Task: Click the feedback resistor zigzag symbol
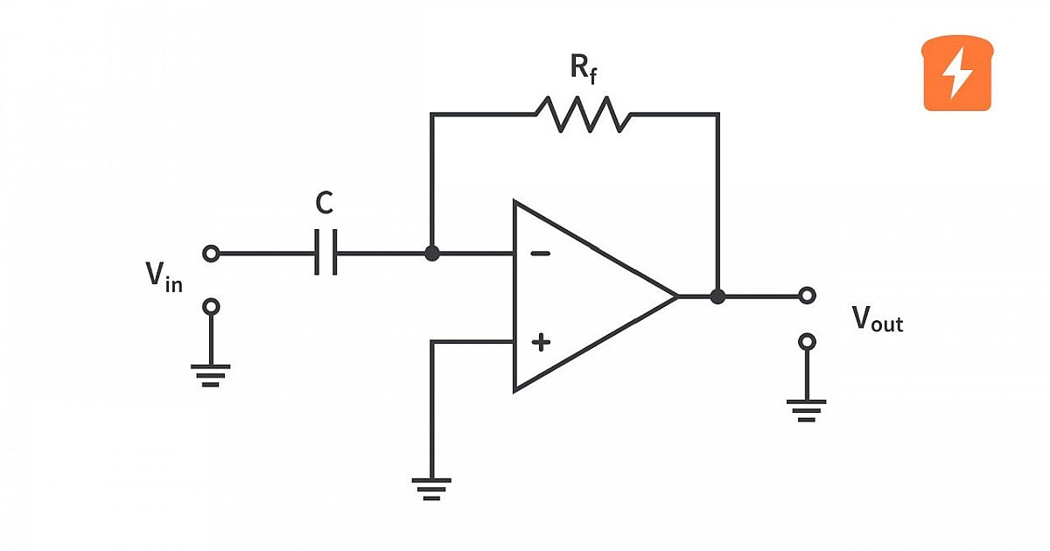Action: (x=583, y=115)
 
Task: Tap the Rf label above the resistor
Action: (x=584, y=68)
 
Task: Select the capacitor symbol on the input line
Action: (x=325, y=252)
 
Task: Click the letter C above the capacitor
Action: (x=325, y=203)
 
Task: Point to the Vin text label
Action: (x=164, y=277)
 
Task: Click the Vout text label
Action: (x=877, y=319)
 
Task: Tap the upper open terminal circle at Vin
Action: (x=211, y=254)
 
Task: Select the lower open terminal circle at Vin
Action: (x=211, y=307)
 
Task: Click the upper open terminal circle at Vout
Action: (x=807, y=296)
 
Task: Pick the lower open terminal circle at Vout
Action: (x=807, y=342)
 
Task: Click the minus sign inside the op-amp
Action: (x=541, y=254)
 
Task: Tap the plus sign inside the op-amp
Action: (x=541, y=342)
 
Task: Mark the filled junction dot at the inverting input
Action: (x=431, y=254)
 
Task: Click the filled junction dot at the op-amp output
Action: (x=717, y=296)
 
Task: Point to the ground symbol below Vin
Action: (x=211, y=375)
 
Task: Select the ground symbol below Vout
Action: (x=806, y=411)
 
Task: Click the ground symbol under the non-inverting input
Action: (x=431, y=489)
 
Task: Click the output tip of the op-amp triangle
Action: (x=677, y=296)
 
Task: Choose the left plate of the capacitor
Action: (x=317, y=252)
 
